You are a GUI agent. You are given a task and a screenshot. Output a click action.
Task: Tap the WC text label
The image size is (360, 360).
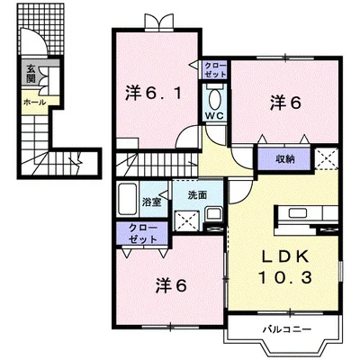pos(214,116)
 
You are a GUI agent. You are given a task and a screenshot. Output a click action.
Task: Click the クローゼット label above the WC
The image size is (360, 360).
pos(214,71)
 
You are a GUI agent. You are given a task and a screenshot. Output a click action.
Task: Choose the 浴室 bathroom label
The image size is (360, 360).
pos(151,192)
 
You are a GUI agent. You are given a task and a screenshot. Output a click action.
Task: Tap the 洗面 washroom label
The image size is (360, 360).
pos(198,195)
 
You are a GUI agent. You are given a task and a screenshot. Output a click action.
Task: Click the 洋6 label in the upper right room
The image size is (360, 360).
pos(283,103)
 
